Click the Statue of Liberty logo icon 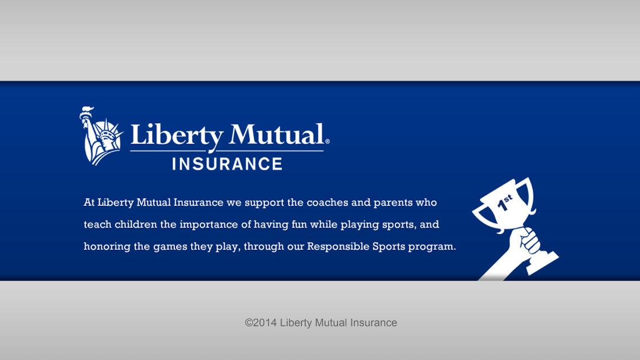point(101,136)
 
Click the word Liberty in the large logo point(177,136)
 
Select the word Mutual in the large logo point(276,134)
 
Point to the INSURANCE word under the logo point(227,164)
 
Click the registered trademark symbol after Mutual point(327,142)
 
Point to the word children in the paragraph point(136,224)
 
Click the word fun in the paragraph point(299,224)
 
